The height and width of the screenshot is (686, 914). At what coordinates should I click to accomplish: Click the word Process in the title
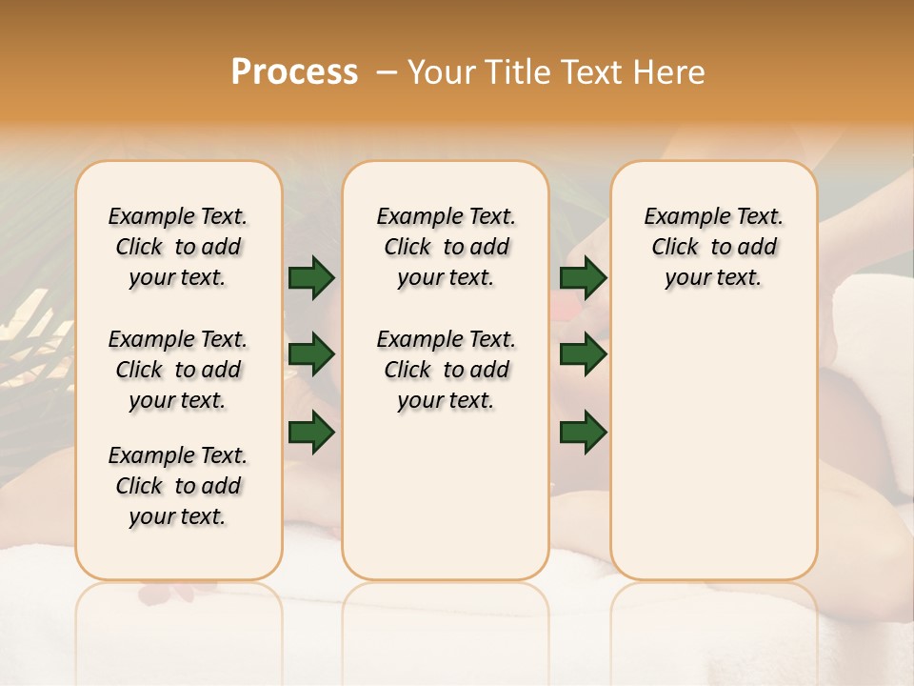[x=294, y=71]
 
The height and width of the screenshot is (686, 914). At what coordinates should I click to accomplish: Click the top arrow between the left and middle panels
[x=311, y=277]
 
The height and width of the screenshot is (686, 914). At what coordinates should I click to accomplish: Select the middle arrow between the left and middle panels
[x=311, y=355]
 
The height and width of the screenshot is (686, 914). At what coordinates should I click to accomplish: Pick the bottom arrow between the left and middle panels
[x=311, y=432]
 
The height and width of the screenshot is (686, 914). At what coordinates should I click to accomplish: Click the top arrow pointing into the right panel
[x=584, y=277]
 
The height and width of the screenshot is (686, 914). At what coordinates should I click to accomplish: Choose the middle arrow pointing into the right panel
[x=584, y=355]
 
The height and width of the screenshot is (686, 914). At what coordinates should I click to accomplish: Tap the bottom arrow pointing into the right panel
[x=584, y=432]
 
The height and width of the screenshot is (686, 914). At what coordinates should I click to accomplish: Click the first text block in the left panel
[x=178, y=247]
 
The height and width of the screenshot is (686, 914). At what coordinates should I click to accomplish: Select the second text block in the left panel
[x=178, y=370]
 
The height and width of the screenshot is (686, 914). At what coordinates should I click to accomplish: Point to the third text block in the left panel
[x=178, y=486]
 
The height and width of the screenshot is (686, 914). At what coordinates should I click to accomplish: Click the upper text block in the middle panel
[x=446, y=247]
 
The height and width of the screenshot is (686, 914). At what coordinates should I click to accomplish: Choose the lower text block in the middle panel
[x=446, y=370]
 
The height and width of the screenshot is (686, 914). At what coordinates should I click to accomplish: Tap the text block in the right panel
[x=713, y=247]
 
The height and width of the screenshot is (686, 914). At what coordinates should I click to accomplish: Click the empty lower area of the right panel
[x=713, y=448]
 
